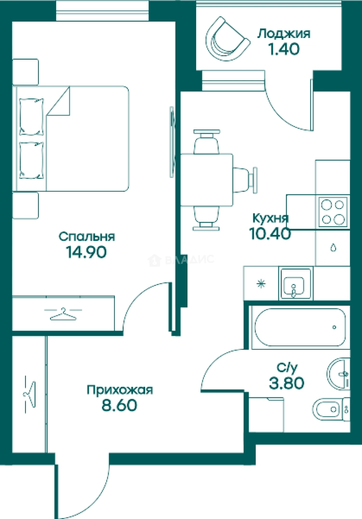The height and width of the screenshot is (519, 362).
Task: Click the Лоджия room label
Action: coord(284,34)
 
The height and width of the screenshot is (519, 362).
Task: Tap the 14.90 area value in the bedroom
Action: coord(87,252)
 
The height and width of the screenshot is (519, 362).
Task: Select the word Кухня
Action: coord(271,218)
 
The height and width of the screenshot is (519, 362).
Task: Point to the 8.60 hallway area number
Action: coord(119,405)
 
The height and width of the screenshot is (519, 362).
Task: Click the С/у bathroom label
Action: coord(287,368)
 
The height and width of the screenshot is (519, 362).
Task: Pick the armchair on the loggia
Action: coord(227,39)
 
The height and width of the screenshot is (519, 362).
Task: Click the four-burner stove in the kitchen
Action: coord(333,212)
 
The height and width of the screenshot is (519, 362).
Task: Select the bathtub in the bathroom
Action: coord(300,327)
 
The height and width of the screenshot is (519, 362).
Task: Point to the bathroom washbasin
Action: coord(338,374)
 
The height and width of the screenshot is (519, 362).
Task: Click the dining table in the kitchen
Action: coord(207,179)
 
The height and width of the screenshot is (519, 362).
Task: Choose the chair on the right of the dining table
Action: coord(245,180)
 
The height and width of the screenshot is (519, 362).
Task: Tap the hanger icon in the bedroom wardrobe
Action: coord(63,313)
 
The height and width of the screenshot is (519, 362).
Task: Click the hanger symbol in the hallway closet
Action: coord(29,395)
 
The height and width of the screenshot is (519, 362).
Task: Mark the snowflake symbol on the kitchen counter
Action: coord(262,284)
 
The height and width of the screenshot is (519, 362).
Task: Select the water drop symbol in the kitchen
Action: coord(334,247)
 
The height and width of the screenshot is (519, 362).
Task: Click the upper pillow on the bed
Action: coord(31,116)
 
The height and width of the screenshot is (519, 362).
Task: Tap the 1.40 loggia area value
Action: coord(284,49)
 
